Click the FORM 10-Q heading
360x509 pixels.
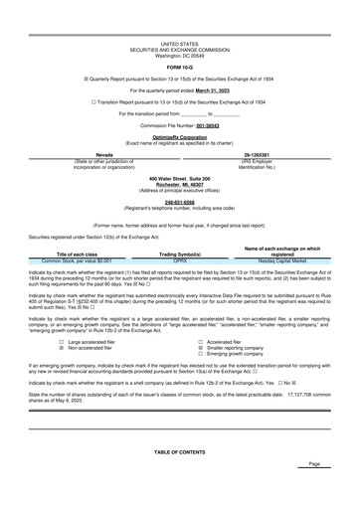(x=180, y=67)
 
